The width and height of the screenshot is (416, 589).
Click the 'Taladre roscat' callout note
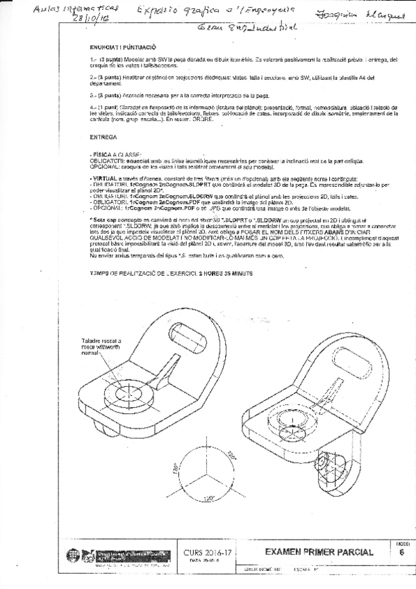pyautogui.click(x=100, y=346)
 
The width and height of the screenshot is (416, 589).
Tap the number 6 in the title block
pyautogui.click(x=403, y=552)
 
